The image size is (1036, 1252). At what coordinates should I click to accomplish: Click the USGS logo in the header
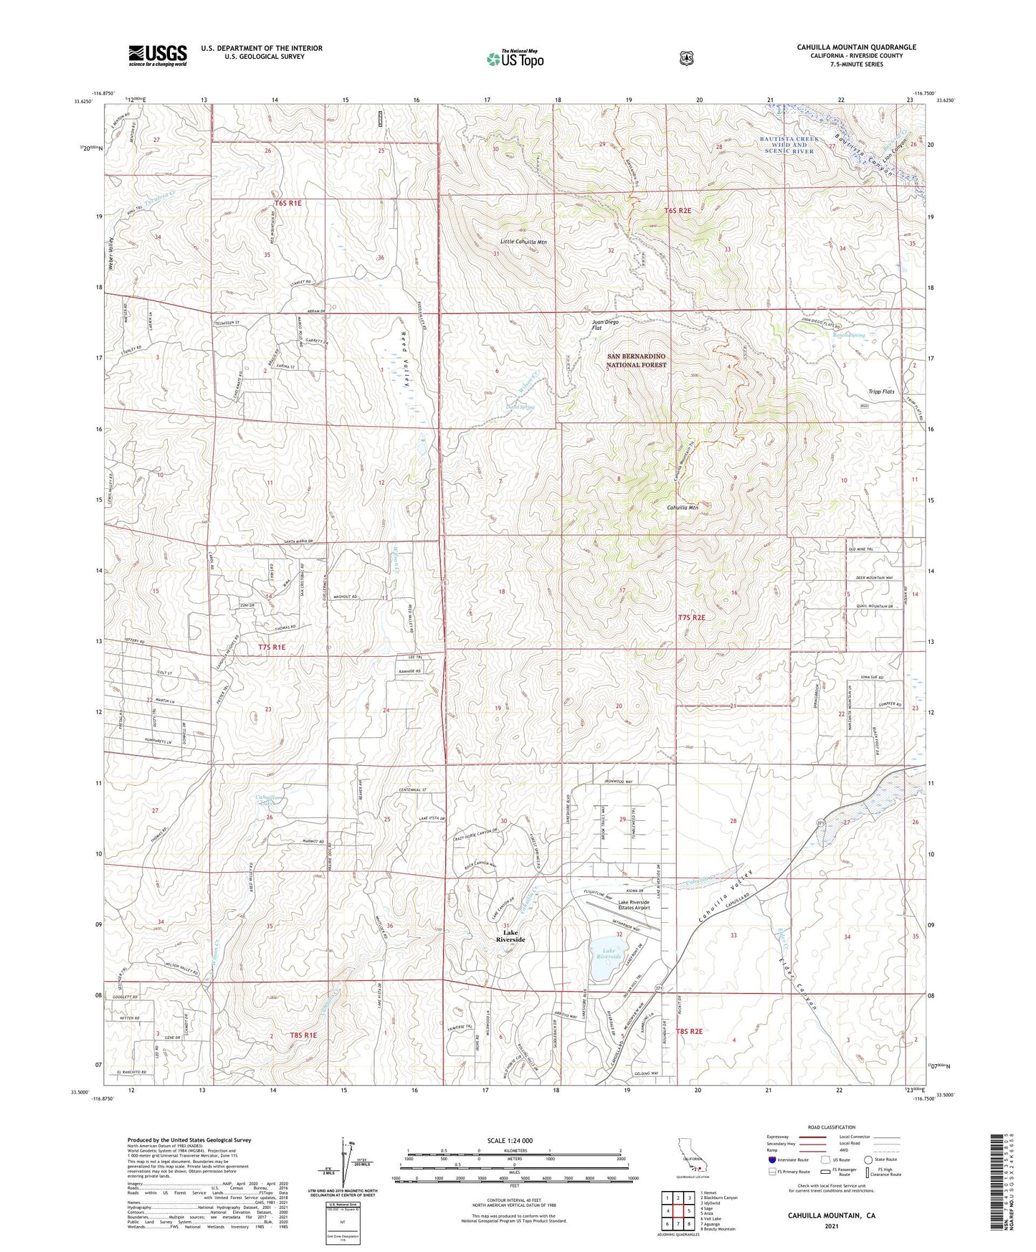click(158, 55)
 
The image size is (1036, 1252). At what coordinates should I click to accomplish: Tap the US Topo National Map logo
click(514, 58)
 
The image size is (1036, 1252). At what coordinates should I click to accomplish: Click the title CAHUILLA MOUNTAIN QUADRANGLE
click(856, 47)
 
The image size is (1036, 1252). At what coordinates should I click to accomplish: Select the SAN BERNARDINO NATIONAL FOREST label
click(637, 361)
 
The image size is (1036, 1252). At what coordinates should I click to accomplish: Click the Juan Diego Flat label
click(605, 326)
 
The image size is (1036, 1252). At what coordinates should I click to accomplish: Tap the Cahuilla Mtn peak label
click(682, 508)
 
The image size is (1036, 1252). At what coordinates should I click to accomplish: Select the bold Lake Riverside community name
click(510, 936)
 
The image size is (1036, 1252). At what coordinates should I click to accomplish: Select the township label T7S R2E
click(692, 617)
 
